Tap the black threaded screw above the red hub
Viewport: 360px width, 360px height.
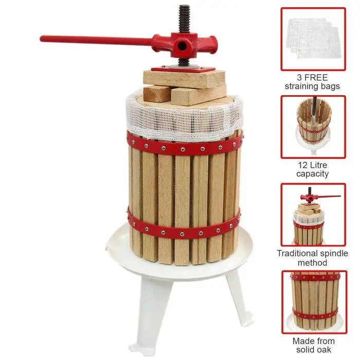tap(185, 19)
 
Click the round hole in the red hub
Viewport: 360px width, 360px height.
tap(182, 46)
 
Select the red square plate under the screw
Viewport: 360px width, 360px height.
tap(183, 68)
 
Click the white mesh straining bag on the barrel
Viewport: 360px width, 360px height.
tap(184, 117)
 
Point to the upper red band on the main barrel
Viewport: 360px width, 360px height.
tap(184, 146)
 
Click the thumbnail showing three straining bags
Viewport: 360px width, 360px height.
tap(313, 39)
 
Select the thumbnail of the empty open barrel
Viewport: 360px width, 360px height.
tap(313, 127)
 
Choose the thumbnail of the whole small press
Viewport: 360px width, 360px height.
tap(313, 214)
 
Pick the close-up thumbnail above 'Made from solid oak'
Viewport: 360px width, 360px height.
tap(314, 302)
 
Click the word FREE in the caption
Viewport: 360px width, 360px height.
tap(316, 77)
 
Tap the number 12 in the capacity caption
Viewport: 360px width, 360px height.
tap(302, 165)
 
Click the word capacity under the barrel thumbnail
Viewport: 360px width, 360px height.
tap(312, 174)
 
